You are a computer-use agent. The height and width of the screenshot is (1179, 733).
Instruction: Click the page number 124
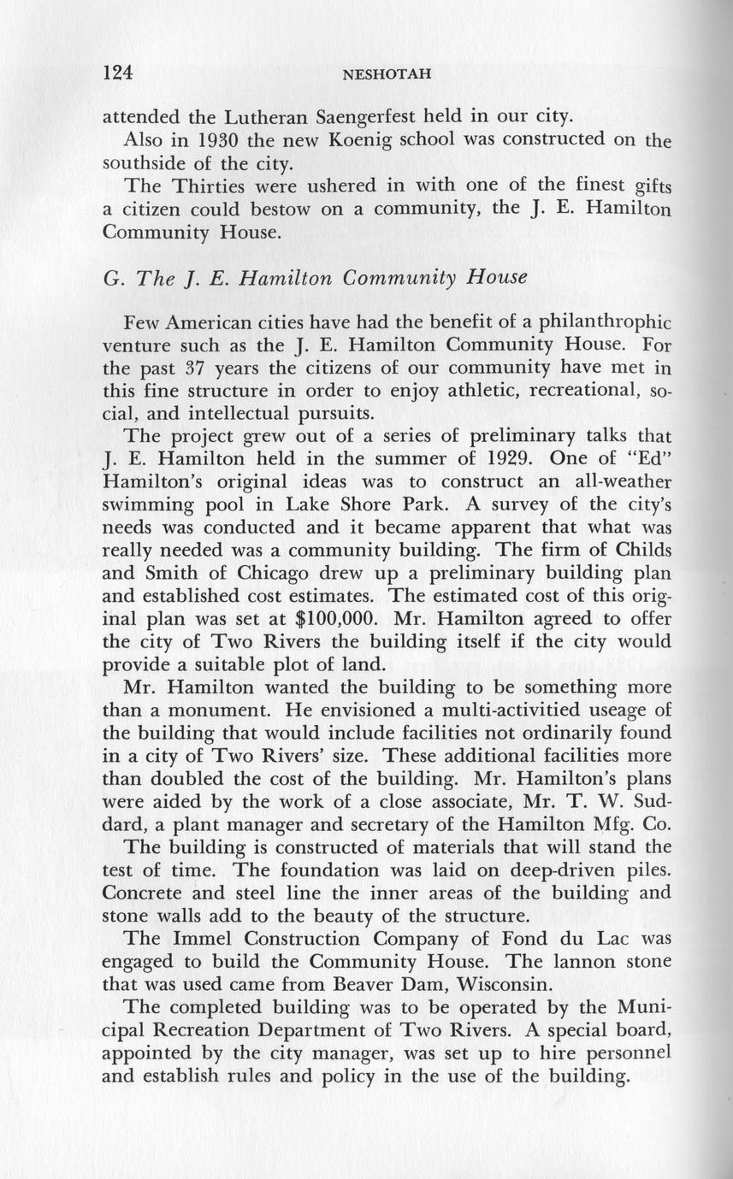[117, 73]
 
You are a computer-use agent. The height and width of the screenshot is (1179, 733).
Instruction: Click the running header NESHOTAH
[385, 74]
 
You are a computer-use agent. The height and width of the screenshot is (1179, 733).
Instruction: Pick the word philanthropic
[600, 324]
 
